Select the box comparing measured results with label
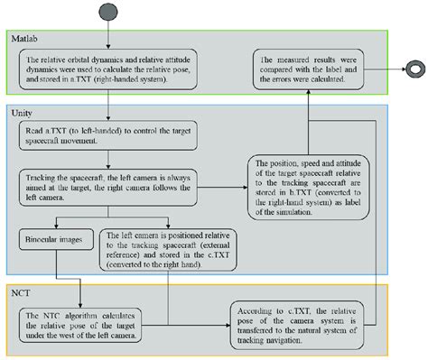(310, 68)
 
